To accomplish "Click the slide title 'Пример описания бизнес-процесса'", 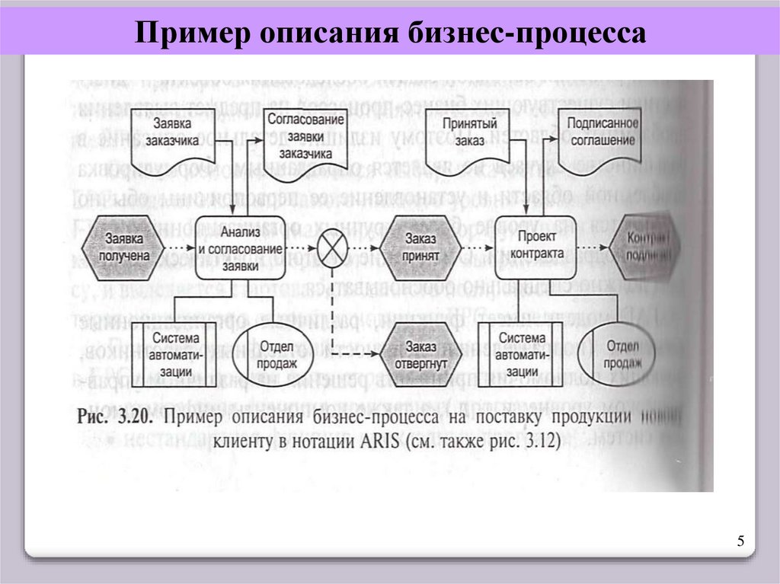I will click(x=391, y=33).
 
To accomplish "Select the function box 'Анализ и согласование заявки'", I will click(x=240, y=247).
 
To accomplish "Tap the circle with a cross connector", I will click(x=332, y=247).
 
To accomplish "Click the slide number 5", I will click(x=740, y=541).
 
